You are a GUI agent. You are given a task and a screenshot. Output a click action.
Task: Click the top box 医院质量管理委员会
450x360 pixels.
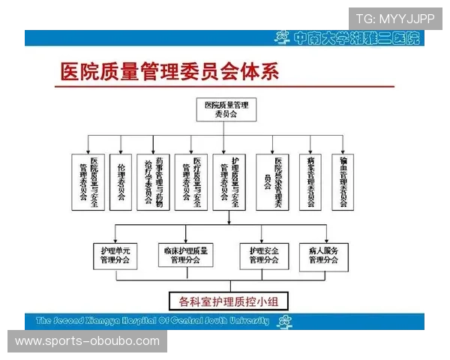pos(226,110)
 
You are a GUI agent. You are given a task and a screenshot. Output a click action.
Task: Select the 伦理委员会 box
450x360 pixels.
pos(120,182)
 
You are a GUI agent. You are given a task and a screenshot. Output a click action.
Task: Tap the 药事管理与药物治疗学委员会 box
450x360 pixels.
pos(154,182)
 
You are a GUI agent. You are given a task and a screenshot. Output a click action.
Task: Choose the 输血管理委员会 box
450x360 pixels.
pos(343,182)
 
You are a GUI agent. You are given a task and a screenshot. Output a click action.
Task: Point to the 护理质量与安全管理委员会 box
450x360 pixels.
pos(230,182)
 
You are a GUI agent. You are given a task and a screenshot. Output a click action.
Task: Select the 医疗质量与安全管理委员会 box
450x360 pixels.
pos(191,182)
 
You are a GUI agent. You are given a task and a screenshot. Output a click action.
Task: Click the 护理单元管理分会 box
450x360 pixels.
pos(115,255)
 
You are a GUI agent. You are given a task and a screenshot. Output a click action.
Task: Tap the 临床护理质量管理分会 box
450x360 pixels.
pos(184,255)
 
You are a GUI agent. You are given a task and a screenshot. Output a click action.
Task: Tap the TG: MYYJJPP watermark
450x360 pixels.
pos(394,18)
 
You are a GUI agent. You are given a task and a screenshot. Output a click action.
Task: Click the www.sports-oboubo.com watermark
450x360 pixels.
pos(87,341)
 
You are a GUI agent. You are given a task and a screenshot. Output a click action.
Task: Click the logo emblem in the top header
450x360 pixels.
pos(282,37)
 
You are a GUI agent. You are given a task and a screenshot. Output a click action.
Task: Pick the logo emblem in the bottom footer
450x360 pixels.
pos(284,322)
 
